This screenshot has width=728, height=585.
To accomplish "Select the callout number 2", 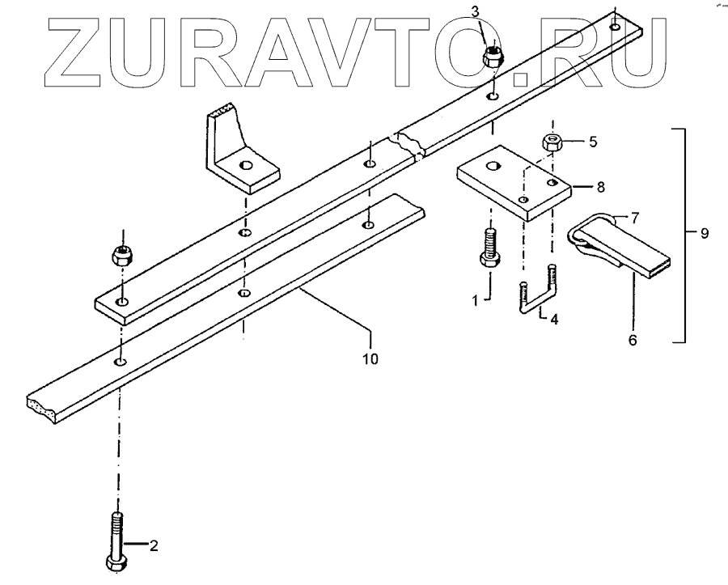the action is point(154,545).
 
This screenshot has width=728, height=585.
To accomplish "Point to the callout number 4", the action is point(552,319).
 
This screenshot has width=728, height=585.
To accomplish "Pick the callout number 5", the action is point(593,142).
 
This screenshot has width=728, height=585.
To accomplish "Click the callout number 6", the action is point(633,341).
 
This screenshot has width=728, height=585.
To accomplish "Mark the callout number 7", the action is point(634,218).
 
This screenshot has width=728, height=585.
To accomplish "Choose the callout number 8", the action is point(600,186).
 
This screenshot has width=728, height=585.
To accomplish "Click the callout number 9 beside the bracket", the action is point(705,233).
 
